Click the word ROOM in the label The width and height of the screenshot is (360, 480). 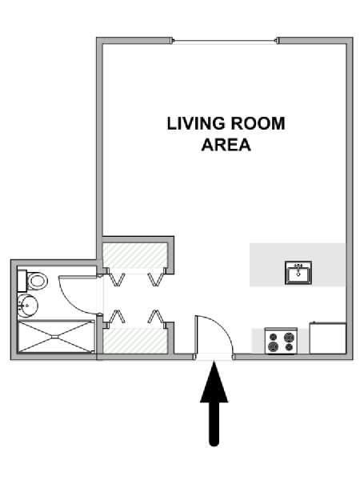[x=258, y=124]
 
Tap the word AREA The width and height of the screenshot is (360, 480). [x=226, y=145]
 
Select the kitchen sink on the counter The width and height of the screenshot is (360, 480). [x=298, y=273]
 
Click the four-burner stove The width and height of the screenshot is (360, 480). [x=281, y=341]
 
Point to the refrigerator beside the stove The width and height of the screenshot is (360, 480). [x=327, y=338]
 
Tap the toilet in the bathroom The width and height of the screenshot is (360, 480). [x=33, y=281]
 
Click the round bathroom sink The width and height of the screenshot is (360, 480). [x=27, y=306]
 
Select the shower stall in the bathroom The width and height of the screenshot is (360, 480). [x=56, y=336]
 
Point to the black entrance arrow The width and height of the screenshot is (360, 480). [x=214, y=403]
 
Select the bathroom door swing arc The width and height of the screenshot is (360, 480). [x=69, y=302]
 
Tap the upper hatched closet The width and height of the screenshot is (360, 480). [x=134, y=255]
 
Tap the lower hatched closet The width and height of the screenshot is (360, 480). [x=134, y=341]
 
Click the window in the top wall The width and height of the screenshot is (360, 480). [x=226, y=41]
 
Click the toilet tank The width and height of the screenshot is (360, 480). [x=22, y=281]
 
